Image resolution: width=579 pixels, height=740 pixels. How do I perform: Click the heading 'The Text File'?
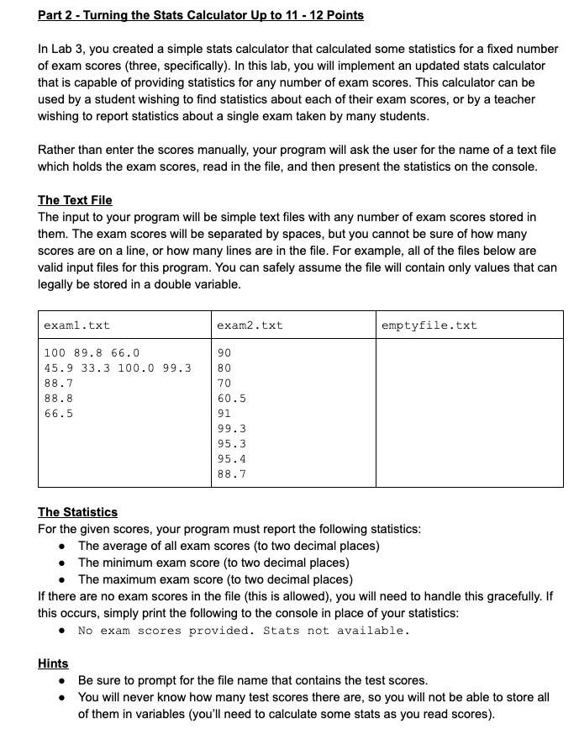pyautogui.click(x=75, y=200)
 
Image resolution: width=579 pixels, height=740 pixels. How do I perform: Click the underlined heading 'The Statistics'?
pyautogui.click(x=77, y=512)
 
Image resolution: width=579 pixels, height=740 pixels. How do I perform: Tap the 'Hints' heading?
pyautogui.click(x=53, y=663)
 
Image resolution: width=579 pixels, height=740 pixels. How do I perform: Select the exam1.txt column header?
pyautogui.click(x=76, y=325)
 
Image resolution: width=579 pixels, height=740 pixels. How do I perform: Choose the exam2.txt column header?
pyautogui.click(x=250, y=325)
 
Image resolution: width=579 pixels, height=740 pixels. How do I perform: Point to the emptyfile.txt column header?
pyautogui.click(x=429, y=325)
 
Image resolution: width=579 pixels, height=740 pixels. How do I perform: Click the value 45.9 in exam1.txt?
pyautogui.click(x=58, y=367)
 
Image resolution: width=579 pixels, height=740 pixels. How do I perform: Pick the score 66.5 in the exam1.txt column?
pyautogui.click(x=58, y=413)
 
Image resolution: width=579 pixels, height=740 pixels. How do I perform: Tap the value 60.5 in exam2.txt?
pyautogui.click(x=231, y=398)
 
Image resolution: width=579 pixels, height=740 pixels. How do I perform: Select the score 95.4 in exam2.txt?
pyautogui.click(x=231, y=458)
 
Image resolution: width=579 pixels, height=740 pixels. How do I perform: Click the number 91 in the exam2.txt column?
pyautogui.click(x=224, y=413)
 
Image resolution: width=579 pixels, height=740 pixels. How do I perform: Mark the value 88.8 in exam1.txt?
pyautogui.click(x=58, y=398)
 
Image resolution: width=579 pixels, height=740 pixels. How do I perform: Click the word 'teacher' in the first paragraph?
pyautogui.click(x=511, y=99)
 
